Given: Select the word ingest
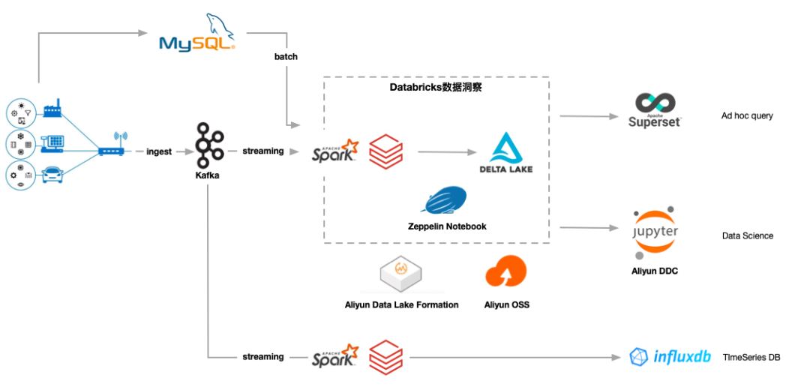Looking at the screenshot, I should pos(159,151).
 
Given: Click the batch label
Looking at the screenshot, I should pos(285,57).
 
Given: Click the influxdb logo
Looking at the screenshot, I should pos(670,356).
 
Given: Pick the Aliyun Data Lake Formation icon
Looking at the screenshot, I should pos(401,275).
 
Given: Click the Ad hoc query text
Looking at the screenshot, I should pos(747,116).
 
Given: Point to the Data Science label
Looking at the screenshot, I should pos(747,236).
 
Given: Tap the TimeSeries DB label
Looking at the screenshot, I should pos(751,358).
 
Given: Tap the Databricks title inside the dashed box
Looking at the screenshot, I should pos(435,88).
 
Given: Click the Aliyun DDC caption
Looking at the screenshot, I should pos(654,271).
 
